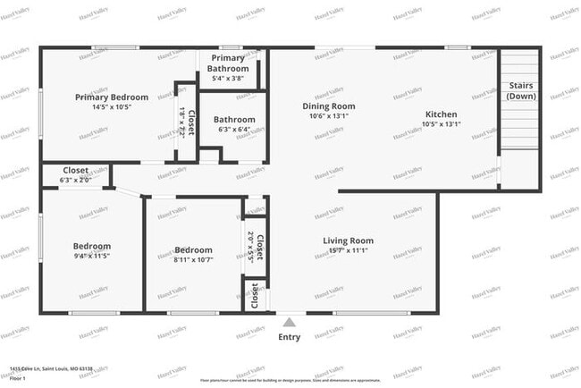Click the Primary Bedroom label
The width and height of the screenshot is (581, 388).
[112, 97]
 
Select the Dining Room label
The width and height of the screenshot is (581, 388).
[323, 105]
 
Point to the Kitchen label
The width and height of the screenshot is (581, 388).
[441, 114]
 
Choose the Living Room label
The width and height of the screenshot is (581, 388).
[348, 240]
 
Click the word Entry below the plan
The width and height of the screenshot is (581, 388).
[289, 337]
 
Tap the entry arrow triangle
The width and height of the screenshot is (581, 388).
[289, 322]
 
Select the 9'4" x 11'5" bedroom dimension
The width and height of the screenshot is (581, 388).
[92, 257]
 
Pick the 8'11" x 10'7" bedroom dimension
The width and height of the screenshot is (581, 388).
[193, 260]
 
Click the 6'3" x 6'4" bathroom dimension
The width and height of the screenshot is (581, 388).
[234, 130]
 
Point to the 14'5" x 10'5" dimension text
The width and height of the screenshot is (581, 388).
[112, 107]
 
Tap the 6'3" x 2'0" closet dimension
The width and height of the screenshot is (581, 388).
[75, 180]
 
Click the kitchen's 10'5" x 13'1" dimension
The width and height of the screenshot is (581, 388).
[441, 124]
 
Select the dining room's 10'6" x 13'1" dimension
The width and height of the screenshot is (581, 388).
[323, 115]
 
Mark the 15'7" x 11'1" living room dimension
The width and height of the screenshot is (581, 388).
[348, 250]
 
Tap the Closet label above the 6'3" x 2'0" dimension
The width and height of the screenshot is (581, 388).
[75, 170]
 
